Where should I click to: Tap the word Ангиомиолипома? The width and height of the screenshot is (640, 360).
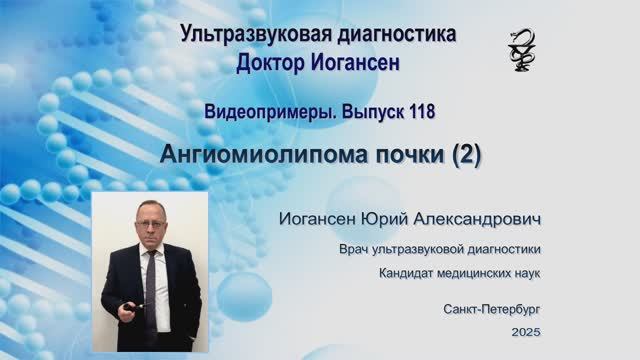(266, 155)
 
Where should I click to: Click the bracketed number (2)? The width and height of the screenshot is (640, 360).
(467, 155)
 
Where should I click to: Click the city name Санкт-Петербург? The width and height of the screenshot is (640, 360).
(493, 310)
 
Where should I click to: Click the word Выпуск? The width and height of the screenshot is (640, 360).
(371, 112)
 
